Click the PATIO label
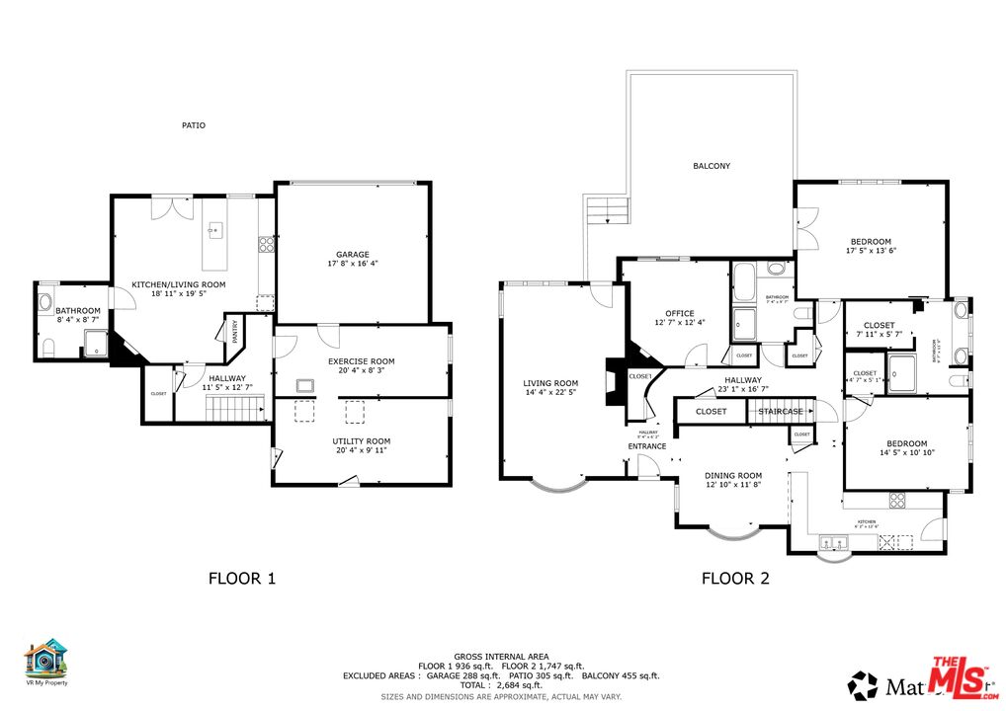pos(194,125)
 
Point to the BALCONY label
pos(712,166)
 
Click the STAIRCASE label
pos(781,411)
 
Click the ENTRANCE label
pos(647,446)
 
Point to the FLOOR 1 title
pos(241,579)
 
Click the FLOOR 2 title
pos(735,579)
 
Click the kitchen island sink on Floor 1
pos(212,231)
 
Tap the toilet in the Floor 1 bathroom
pos(47,347)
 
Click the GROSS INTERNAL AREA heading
pos(502,656)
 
